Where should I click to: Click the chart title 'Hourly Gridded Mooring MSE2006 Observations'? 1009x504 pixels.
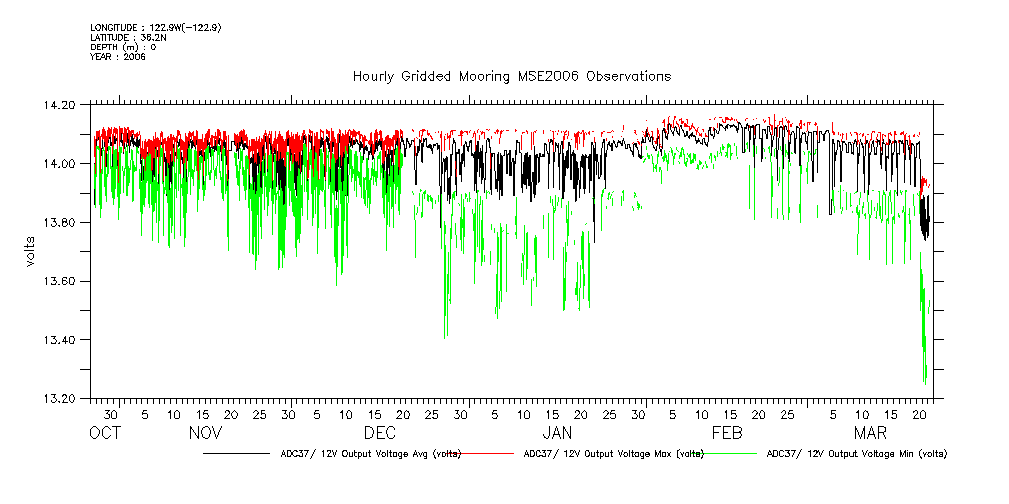511,77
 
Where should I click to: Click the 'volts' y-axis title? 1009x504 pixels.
31,252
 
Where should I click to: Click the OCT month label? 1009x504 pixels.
105,433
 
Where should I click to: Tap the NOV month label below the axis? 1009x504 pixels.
205,433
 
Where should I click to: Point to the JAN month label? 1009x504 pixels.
557,433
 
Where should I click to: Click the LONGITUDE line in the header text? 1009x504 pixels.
155,27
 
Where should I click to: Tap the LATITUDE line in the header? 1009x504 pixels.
126,37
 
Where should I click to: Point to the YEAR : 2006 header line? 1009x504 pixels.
118,57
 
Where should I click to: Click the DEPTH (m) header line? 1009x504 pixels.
123,47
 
